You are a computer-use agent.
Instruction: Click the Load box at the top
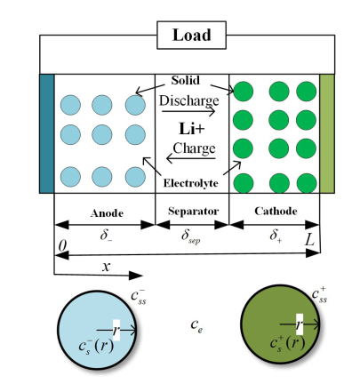[191, 35]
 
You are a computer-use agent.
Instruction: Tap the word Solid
[186, 80]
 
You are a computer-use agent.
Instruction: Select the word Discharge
[189, 101]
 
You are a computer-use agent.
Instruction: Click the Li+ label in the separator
[192, 129]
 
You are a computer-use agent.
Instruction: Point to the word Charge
[194, 148]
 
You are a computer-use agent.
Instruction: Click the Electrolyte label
[190, 183]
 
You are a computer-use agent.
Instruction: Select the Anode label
[107, 213]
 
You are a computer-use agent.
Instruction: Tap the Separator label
[193, 211]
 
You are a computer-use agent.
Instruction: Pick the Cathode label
[276, 211]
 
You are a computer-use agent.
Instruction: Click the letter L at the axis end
[309, 240]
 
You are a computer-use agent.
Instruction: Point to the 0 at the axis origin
[62, 245]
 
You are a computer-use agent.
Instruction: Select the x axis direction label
[106, 267]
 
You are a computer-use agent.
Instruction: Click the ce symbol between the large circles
[196, 325]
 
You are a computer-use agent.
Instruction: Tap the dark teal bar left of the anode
[47, 133]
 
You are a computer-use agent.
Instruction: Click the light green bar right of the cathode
[327, 133]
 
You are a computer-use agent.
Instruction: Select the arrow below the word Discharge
[188, 111]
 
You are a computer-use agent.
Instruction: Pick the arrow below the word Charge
[191, 158]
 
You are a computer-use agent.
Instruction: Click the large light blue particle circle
[97, 330]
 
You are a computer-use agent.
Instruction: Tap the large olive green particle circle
[280, 324]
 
